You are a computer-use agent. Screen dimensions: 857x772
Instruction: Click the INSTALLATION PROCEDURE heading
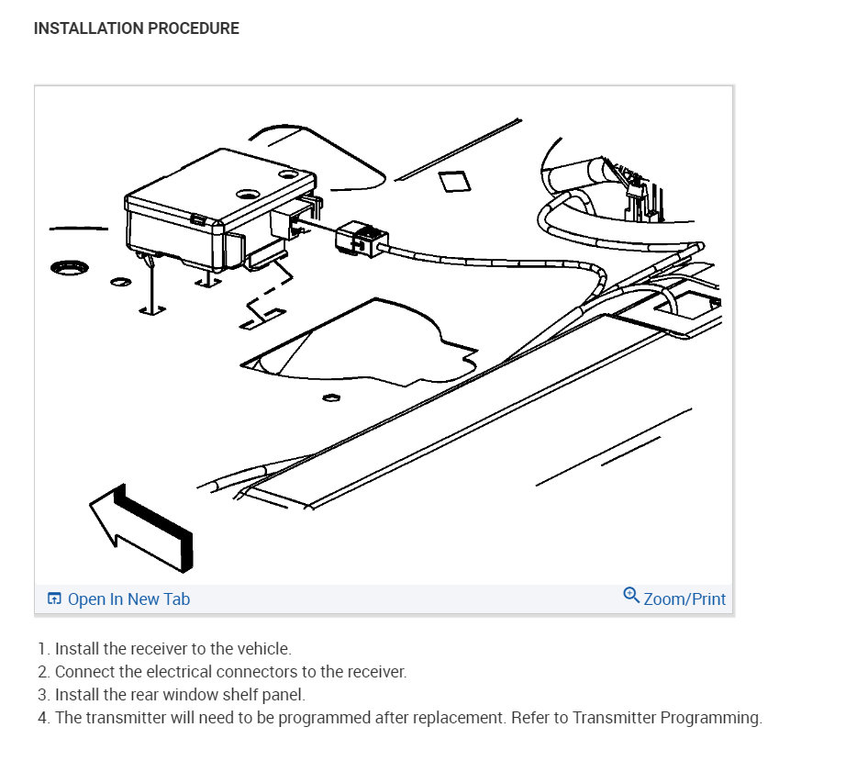click(136, 28)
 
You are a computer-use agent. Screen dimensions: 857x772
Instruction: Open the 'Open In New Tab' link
click(128, 599)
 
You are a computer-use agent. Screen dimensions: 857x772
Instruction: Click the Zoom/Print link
click(684, 599)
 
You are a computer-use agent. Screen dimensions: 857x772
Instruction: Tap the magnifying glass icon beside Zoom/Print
click(631, 595)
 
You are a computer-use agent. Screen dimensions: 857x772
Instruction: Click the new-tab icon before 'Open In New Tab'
click(54, 599)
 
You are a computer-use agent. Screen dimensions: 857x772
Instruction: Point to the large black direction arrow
click(143, 527)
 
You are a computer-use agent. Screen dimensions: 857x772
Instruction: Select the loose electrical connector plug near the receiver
click(362, 239)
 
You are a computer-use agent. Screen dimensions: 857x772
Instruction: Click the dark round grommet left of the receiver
click(70, 268)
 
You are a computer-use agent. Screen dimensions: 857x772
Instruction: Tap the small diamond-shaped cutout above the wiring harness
click(455, 182)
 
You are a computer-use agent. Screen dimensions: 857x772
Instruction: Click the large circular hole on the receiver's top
click(249, 195)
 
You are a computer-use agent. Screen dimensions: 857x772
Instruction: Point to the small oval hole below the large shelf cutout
click(331, 397)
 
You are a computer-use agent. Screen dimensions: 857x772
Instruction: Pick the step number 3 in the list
click(43, 695)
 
